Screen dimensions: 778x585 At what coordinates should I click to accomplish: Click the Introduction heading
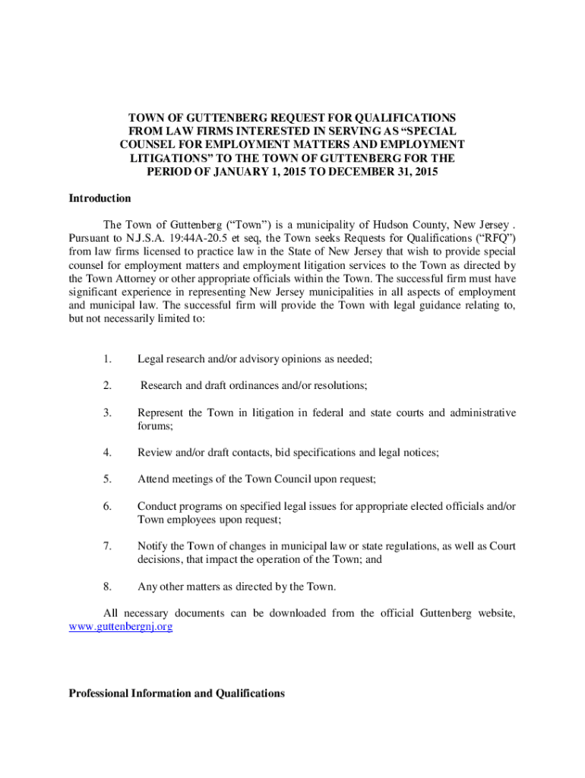pyautogui.click(x=100, y=198)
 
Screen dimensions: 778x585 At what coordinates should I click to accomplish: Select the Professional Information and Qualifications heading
pyautogui.click(x=176, y=693)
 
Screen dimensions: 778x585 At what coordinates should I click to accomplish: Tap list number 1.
pyautogui.click(x=109, y=359)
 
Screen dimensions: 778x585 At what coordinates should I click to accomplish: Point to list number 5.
pyautogui.click(x=109, y=479)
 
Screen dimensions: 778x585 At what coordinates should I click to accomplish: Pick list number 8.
pyautogui.click(x=109, y=587)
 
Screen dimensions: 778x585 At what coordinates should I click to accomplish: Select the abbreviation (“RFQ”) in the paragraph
pyautogui.click(x=492, y=238)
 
